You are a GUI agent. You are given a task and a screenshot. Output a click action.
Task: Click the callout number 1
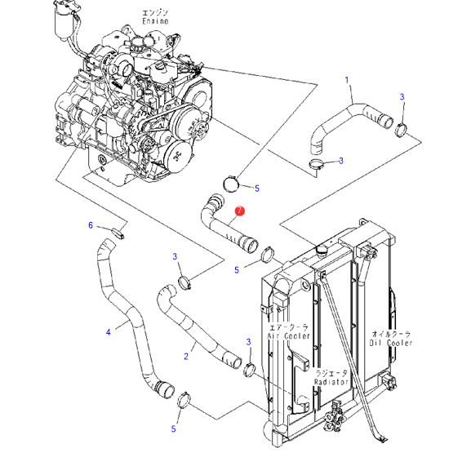[x=347, y=80]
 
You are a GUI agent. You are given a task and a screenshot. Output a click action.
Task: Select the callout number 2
[x=186, y=356]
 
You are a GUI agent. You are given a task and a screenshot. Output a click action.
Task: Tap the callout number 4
[x=109, y=332]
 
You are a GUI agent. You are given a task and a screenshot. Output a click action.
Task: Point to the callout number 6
[x=91, y=225]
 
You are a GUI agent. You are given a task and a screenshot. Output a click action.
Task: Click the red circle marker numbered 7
[x=240, y=211]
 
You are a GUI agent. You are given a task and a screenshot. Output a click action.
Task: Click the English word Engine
[x=155, y=21]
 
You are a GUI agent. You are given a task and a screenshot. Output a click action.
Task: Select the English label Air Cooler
[x=288, y=336]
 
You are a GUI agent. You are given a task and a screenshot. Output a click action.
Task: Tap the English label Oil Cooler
[x=391, y=343]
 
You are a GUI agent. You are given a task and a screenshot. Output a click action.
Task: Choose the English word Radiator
[x=331, y=382]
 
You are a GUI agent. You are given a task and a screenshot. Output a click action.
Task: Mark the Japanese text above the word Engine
[x=155, y=13]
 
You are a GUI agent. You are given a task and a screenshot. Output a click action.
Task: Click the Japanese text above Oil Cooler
[x=391, y=334]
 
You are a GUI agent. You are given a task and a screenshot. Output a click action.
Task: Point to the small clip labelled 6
[x=118, y=233]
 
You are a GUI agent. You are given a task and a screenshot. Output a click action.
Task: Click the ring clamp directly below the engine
[x=231, y=184]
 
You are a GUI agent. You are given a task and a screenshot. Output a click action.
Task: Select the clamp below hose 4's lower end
[x=183, y=400]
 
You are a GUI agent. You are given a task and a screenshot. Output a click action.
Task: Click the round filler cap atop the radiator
[x=321, y=250]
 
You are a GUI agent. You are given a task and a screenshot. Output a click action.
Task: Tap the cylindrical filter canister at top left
[x=63, y=24]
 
